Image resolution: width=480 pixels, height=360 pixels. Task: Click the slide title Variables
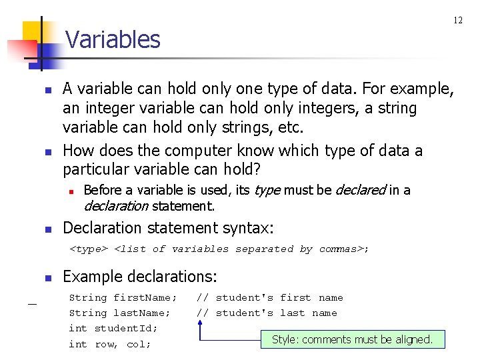(x=113, y=40)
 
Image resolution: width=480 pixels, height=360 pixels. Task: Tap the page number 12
(x=458, y=20)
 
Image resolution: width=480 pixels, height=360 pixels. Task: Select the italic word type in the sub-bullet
(x=267, y=191)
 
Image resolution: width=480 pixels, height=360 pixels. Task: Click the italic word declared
(x=360, y=191)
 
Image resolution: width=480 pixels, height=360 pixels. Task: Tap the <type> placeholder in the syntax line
(x=89, y=249)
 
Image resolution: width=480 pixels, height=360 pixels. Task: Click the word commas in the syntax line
(x=341, y=249)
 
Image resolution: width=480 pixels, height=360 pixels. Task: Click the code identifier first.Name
(x=145, y=298)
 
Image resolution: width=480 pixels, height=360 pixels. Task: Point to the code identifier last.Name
(x=142, y=313)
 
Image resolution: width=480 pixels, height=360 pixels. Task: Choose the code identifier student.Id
(x=126, y=328)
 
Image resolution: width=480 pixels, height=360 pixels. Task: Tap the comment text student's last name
(x=276, y=313)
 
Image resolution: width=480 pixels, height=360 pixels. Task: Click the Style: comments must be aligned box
(x=352, y=339)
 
